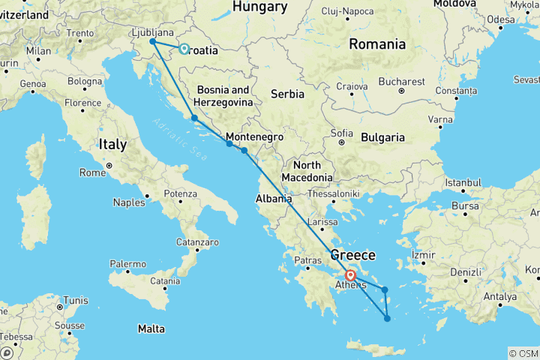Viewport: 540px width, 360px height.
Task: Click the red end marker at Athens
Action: pos(350,275)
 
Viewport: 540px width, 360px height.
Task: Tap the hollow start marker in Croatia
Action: pos(184,49)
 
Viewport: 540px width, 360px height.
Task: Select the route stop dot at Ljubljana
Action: pos(153,42)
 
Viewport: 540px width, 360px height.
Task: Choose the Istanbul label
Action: pos(462,182)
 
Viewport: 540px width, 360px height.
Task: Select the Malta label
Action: pos(151,328)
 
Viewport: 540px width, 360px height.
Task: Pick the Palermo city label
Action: pos(127,264)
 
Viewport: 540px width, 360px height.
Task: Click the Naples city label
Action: pos(129,202)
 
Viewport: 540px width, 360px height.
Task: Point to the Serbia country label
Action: pos(287,94)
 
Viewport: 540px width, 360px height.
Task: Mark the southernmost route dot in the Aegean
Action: pos(387,319)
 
